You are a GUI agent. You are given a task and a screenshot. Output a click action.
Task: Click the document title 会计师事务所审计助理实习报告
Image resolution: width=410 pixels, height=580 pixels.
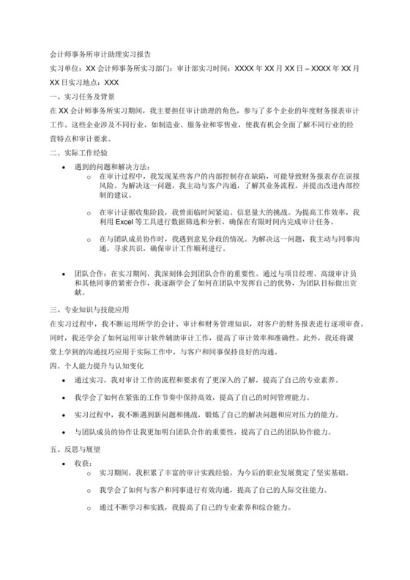pos(100,53)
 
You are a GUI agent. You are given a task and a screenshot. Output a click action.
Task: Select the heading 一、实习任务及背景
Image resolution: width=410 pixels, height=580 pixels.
pos(81,96)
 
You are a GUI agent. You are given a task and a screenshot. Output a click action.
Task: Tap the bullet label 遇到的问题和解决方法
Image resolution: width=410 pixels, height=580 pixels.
pos(112,166)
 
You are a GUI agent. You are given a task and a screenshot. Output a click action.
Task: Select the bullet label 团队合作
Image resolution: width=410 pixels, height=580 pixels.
pos(86,271)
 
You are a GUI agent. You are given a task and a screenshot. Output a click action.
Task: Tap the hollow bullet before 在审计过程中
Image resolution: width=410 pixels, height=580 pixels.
pos(89,177)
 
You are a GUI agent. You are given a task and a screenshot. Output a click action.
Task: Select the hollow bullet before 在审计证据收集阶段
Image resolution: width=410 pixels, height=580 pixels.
pos(89,212)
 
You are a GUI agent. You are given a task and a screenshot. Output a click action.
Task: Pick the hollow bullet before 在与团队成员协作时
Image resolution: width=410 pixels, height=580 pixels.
pos(89,239)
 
